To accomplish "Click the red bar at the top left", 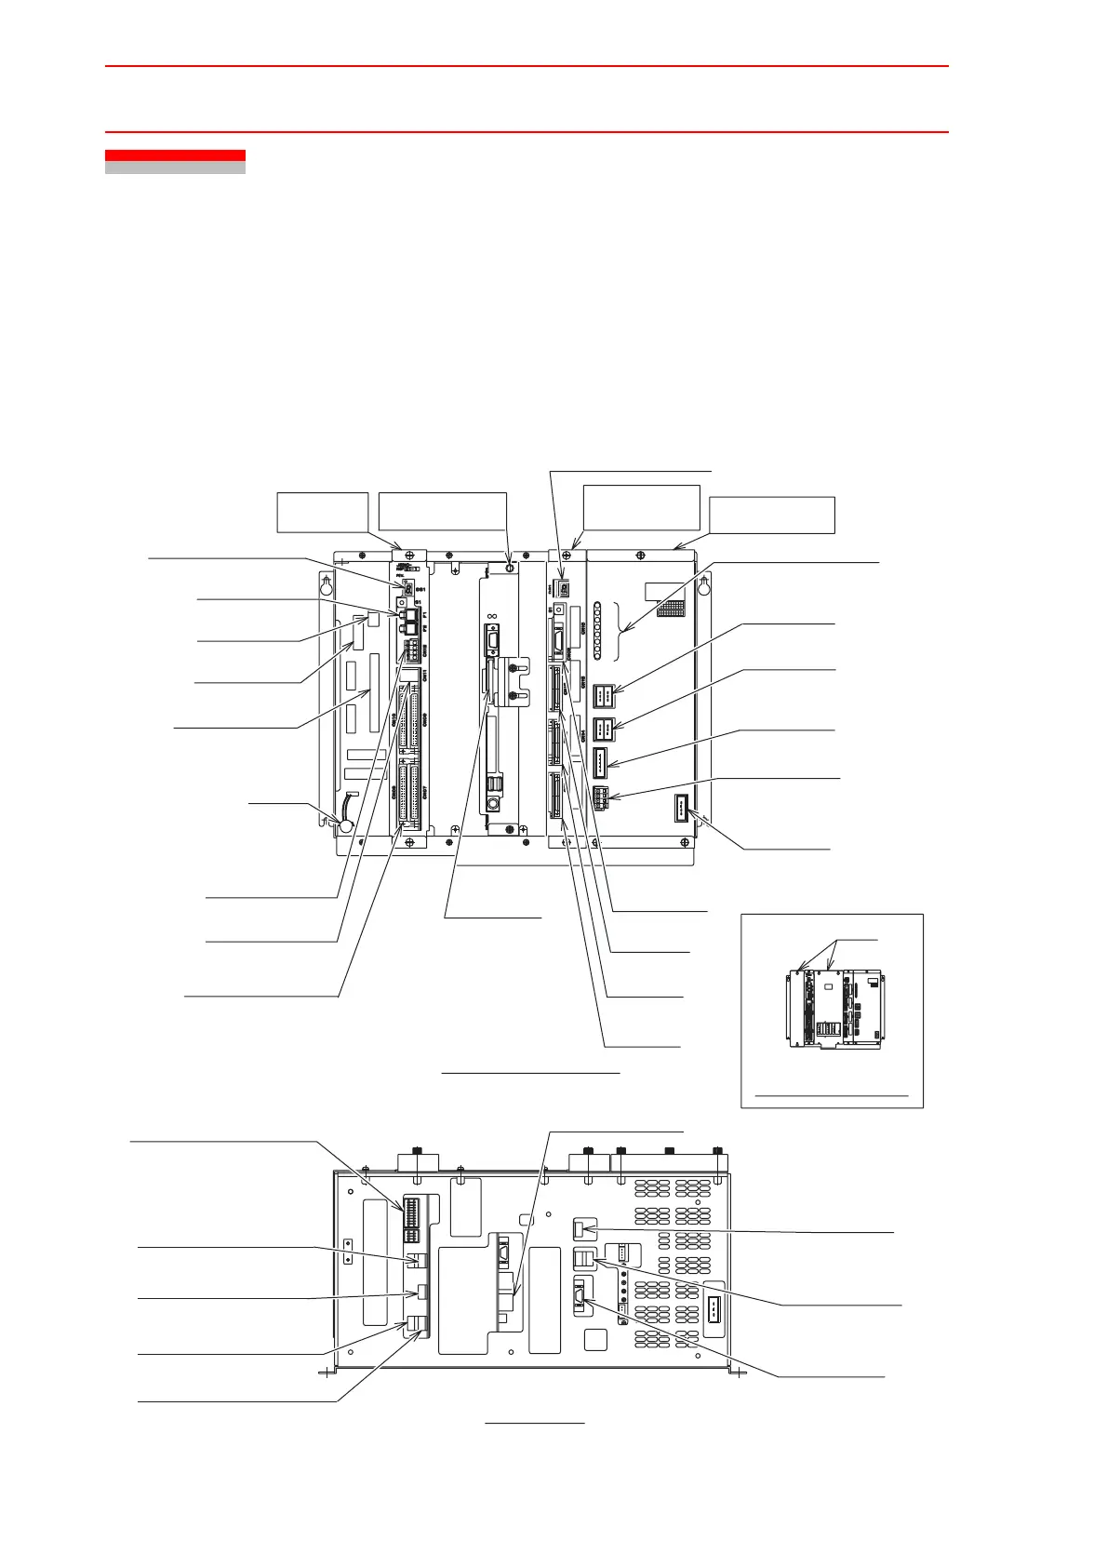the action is click(175, 155).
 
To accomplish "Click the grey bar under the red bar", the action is click(175, 168).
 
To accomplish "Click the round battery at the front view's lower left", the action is click(346, 824).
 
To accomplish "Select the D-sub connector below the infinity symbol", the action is click(491, 643).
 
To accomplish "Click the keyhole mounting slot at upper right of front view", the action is click(704, 585).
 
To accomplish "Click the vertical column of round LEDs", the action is click(597, 631).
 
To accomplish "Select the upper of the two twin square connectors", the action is click(603, 693).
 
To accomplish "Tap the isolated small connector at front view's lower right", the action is click(681, 806).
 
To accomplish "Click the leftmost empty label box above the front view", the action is click(323, 512).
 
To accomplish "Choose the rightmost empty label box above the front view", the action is click(772, 515).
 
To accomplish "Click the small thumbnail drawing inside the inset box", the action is click(834, 1010).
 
